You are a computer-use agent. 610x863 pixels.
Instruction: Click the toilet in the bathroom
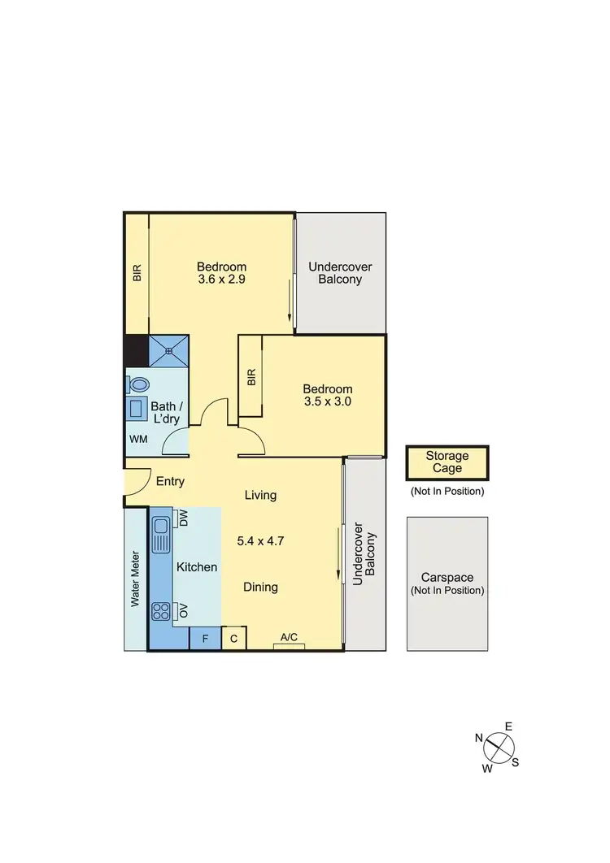[x=138, y=384]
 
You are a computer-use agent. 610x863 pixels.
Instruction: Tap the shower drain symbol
[x=168, y=351]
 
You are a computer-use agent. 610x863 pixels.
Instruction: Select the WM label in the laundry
[x=138, y=439]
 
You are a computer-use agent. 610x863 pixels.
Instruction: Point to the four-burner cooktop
[x=160, y=610]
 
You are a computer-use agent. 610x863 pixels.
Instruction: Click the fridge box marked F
[x=205, y=639]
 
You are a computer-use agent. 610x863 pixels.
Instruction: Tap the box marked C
[x=233, y=639]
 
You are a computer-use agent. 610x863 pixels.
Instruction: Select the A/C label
[x=289, y=638]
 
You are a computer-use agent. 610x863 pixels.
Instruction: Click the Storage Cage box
[x=447, y=462]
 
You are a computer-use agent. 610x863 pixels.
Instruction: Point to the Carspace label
[x=447, y=578]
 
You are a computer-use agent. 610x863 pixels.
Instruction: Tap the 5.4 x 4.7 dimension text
[x=260, y=540]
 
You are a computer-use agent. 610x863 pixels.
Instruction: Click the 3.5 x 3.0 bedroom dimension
[x=328, y=401]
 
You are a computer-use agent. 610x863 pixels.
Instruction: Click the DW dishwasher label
[x=183, y=518]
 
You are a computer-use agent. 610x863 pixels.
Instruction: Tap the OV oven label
[x=183, y=610]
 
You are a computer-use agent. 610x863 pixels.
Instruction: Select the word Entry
[x=170, y=481]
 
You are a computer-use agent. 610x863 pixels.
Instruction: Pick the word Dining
[x=260, y=587]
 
